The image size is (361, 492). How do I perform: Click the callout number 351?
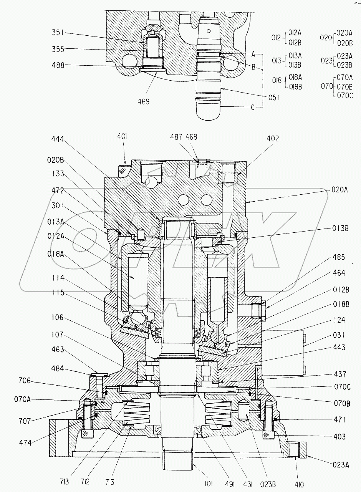tap(58, 33)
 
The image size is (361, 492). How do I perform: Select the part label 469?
tap(143, 101)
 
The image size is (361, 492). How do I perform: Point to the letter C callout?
tap(253, 108)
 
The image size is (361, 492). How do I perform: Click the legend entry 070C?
tap(345, 96)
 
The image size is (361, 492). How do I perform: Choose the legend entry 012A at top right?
tap(295, 33)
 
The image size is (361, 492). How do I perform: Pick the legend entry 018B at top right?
tap(295, 87)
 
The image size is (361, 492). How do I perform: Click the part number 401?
tap(122, 136)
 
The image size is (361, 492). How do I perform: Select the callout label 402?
tap(273, 138)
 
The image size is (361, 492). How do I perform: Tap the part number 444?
tap(58, 139)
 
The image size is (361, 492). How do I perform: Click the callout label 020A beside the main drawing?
tap(339, 189)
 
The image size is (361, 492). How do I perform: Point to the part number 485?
tap(339, 257)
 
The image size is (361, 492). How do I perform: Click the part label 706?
tap(25, 381)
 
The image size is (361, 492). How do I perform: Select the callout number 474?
tap(25, 443)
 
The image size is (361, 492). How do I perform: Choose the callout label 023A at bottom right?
tap(341, 465)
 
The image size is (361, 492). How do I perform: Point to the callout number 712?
tap(85, 482)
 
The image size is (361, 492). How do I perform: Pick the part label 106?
tap(58, 317)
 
